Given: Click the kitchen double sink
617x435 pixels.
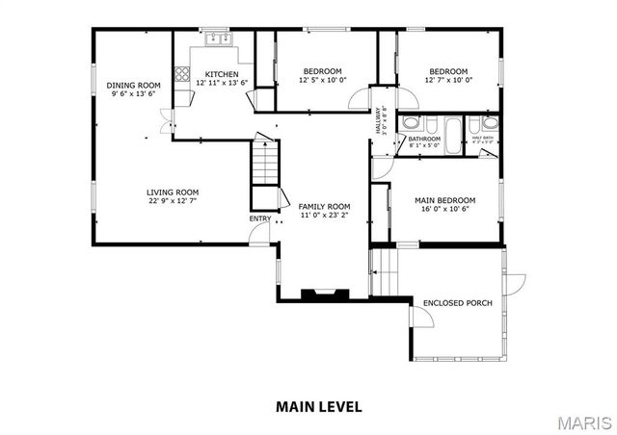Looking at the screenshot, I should click(218, 39).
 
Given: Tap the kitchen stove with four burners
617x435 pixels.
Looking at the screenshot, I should click(180, 74).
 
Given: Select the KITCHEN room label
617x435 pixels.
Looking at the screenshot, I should click(222, 74).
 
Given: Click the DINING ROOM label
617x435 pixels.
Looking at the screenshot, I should click(133, 86).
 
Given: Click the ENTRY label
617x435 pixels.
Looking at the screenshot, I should click(260, 218).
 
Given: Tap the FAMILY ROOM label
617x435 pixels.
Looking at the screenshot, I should click(323, 207).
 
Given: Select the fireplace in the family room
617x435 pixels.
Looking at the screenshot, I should click(317, 294).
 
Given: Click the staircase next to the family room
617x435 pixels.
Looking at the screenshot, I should click(264, 165).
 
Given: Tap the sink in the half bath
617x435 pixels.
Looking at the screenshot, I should click(490, 123).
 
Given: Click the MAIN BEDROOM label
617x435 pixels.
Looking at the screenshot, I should click(444, 201).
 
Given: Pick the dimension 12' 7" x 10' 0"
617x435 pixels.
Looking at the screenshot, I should click(448, 81).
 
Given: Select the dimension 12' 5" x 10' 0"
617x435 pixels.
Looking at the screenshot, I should click(322, 81).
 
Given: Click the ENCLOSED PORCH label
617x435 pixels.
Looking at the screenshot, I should click(458, 303).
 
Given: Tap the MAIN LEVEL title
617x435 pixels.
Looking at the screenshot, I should click(319, 406).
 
